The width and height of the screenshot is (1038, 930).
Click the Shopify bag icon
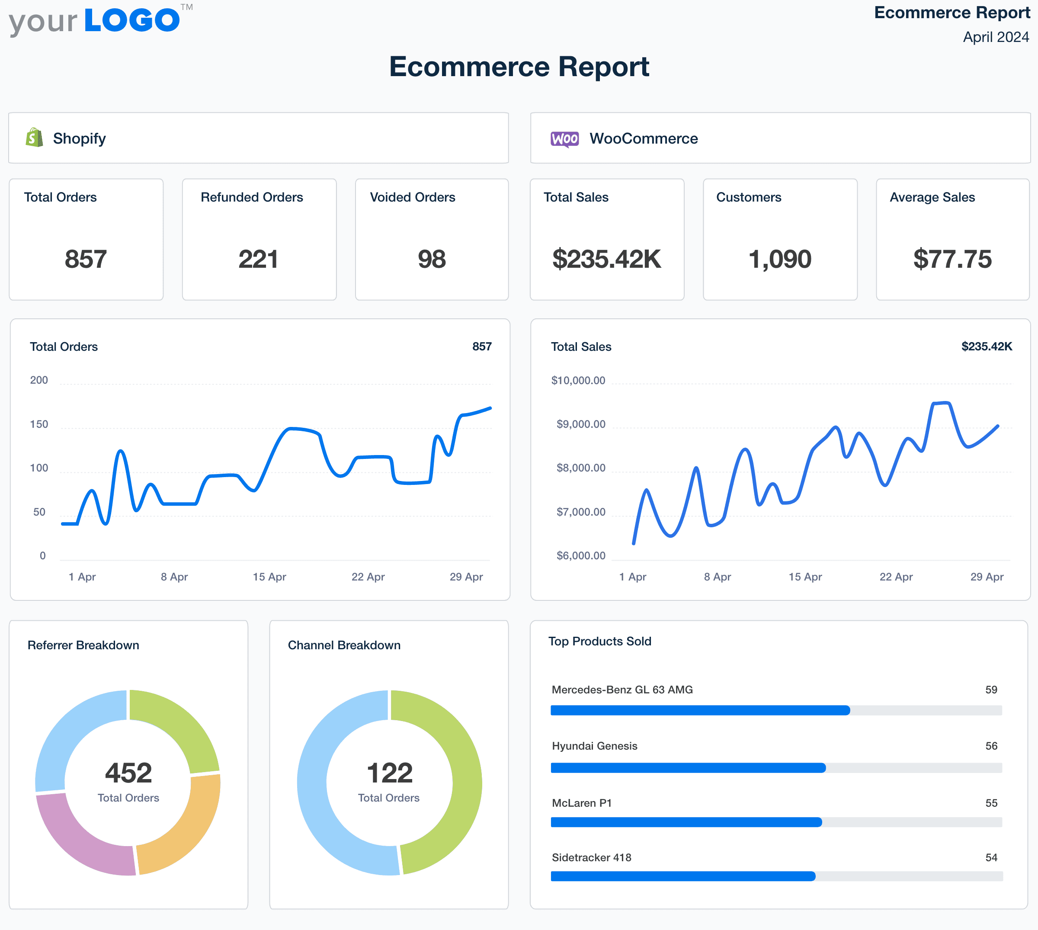point(34,138)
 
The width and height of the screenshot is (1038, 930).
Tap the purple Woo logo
point(564,138)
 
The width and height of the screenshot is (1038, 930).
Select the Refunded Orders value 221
point(259,259)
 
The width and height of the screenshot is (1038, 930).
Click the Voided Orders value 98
point(432,259)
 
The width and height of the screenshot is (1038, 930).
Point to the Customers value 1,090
point(779,259)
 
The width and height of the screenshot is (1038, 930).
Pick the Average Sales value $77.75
point(952,259)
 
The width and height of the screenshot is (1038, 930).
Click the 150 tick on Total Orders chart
point(39,424)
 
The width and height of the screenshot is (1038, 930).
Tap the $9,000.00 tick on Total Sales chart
point(581,424)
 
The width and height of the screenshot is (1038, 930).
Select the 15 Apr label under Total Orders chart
point(269,577)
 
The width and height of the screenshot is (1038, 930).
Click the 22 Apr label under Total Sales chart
point(896,577)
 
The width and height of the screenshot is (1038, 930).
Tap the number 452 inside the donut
point(128,773)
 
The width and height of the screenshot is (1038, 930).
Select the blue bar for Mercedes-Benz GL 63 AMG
point(700,710)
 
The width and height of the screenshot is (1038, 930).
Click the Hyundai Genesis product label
point(595,746)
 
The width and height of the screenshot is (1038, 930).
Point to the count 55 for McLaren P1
point(991,803)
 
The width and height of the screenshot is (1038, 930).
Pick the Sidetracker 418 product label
point(592,857)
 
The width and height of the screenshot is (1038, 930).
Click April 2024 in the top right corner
point(996,37)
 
